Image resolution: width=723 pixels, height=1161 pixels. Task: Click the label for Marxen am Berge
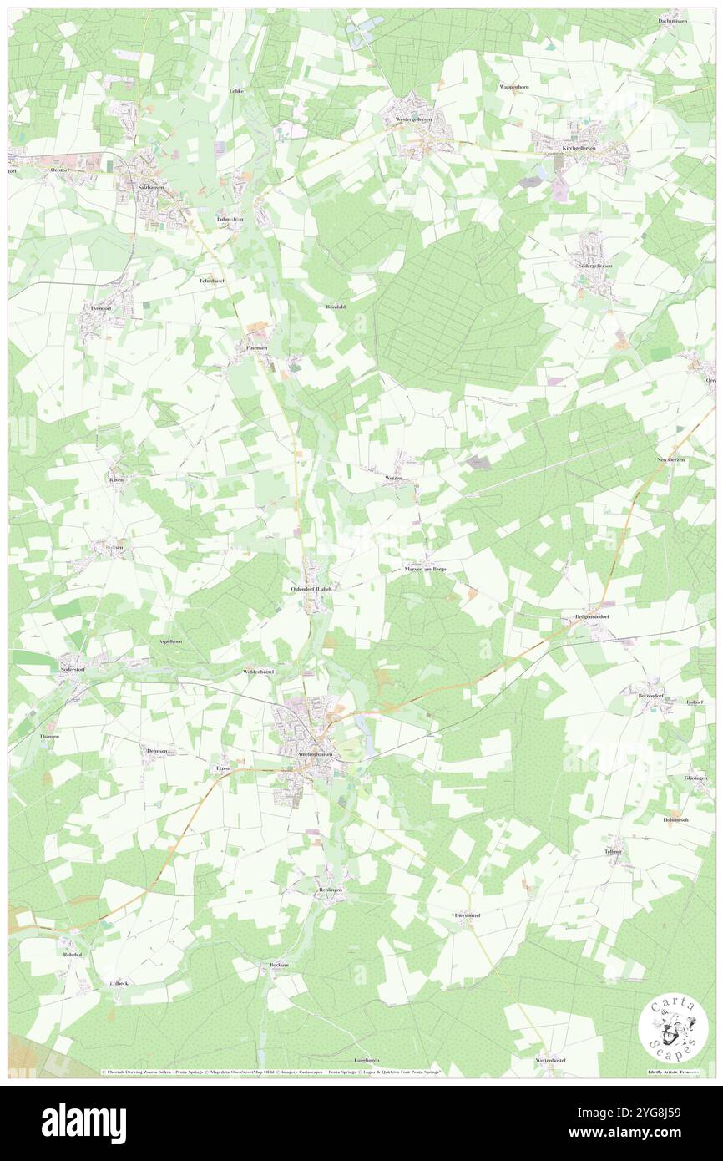tap(426, 569)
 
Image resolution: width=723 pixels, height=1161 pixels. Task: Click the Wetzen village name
tap(394, 478)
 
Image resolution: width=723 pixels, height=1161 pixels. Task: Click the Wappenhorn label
tap(515, 87)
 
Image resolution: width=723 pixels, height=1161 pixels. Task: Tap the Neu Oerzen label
tap(670, 460)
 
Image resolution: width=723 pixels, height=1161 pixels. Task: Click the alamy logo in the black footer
tap(83, 1123)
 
